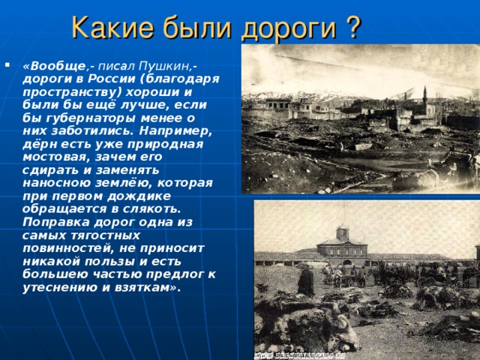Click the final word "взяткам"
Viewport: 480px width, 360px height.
[x=150, y=287]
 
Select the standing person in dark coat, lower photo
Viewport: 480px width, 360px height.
[x=306, y=280]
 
